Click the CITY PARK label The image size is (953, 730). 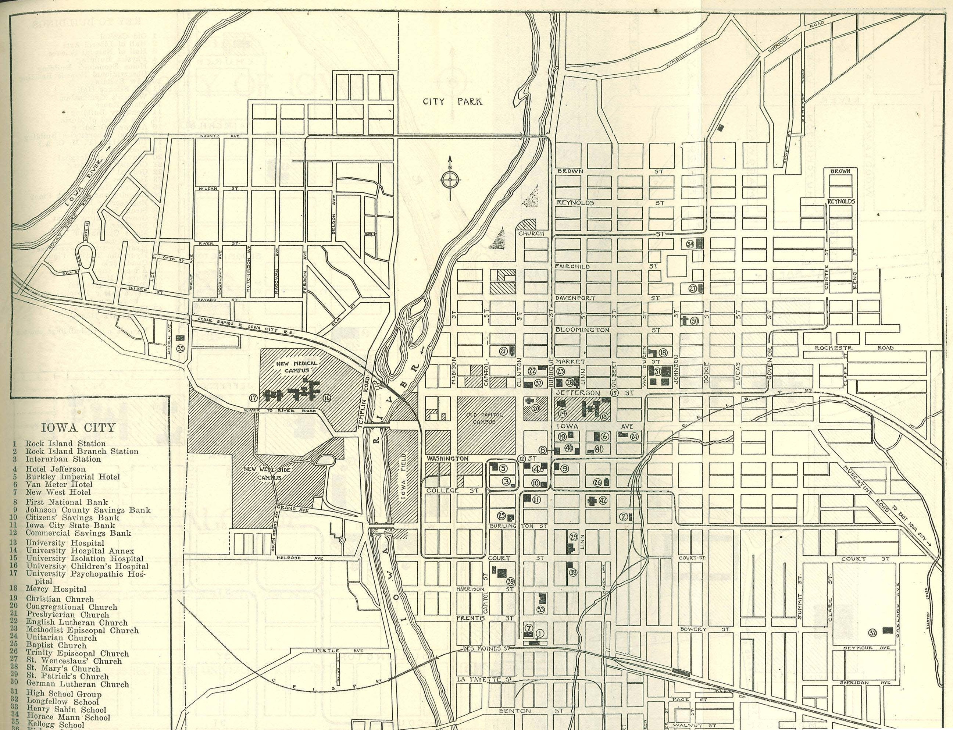click(x=453, y=102)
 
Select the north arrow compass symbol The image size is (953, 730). click(x=450, y=179)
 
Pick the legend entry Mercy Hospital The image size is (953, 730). click(x=56, y=590)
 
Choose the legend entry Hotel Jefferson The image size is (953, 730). click(x=55, y=469)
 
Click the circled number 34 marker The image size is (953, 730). click(x=690, y=244)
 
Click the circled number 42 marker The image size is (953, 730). click(x=603, y=500)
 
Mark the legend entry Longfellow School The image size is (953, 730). click(x=62, y=701)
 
